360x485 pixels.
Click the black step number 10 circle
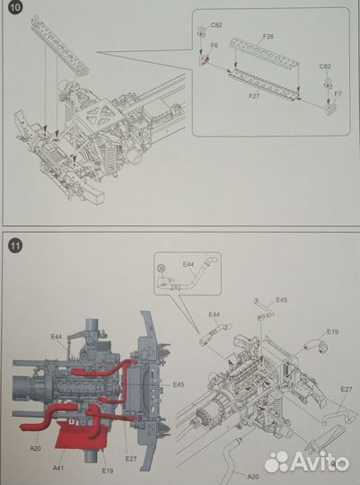[15, 6]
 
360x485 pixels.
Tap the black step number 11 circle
[15, 246]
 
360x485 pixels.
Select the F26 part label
[268, 37]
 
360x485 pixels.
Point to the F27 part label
[254, 96]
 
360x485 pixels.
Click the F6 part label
[214, 46]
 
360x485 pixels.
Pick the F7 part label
[338, 93]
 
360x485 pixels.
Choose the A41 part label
[57, 468]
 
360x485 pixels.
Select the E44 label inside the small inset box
[189, 264]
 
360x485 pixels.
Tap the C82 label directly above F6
[216, 25]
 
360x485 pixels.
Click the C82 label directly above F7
[325, 66]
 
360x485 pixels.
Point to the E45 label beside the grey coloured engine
[179, 384]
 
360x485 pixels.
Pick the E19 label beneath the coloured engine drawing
[108, 471]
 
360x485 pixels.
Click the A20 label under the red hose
[35, 448]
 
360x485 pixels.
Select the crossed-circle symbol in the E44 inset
[161, 268]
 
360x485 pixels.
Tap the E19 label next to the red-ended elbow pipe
[332, 331]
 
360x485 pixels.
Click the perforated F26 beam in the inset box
[265, 51]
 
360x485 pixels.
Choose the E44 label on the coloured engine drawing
[57, 337]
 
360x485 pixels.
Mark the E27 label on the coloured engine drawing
[131, 459]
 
